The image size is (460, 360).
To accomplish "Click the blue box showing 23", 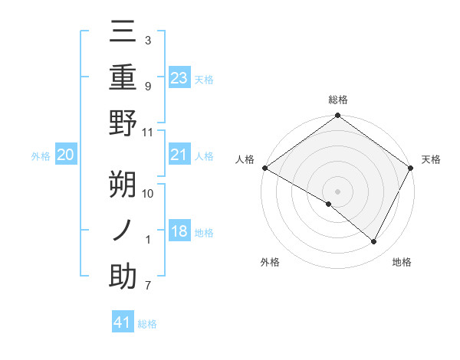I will click(179, 78).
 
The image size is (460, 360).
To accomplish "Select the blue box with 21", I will click(179, 155).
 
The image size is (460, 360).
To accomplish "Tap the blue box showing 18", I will click(179, 232).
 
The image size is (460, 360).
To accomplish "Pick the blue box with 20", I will click(65, 155).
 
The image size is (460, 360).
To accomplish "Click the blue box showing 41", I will click(123, 322).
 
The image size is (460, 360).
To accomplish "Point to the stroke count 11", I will click(148, 132).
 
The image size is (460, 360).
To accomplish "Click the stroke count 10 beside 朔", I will click(148, 194).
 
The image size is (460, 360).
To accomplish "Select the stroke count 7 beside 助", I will click(148, 286).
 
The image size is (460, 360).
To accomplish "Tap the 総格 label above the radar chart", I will click(338, 100).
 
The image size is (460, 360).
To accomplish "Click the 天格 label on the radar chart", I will click(432, 159).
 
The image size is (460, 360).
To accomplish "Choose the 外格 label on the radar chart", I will click(270, 262).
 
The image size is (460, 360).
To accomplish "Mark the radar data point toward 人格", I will click(264, 168).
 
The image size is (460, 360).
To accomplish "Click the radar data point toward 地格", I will click(374, 242).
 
